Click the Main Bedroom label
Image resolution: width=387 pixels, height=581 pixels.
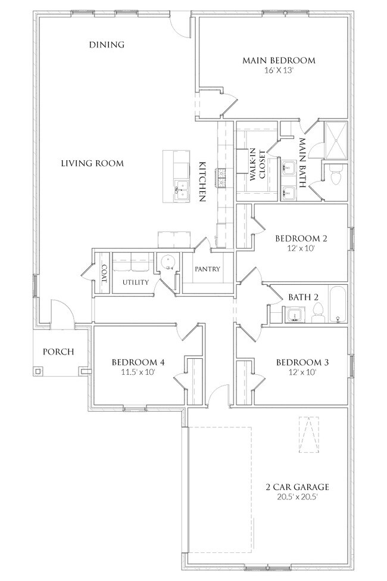click(x=279, y=60)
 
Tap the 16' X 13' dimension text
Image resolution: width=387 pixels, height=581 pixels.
click(x=279, y=70)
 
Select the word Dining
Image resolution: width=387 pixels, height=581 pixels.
click(x=107, y=45)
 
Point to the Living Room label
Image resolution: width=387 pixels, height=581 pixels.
click(x=92, y=163)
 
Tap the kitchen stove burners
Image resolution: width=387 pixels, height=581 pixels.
click(x=222, y=178)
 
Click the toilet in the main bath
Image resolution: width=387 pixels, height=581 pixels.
click(x=336, y=175)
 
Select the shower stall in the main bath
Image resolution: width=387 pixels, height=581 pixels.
click(x=336, y=140)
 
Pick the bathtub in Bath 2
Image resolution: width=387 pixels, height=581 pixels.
click(x=338, y=305)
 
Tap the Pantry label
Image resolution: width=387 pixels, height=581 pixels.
click(x=207, y=269)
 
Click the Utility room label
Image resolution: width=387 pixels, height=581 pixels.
click(x=136, y=282)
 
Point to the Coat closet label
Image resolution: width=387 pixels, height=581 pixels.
click(x=104, y=274)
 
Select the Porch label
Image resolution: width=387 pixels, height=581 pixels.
click(x=58, y=352)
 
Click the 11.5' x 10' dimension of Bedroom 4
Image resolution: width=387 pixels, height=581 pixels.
click(x=138, y=372)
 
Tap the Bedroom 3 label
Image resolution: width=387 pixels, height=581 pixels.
click(x=302, y=362)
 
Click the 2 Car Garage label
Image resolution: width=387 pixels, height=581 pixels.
click(x=297, y=487)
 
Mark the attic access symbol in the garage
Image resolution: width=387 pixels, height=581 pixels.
click(x=309, y=434)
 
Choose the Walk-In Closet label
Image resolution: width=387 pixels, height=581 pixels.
click(x=258, y=165)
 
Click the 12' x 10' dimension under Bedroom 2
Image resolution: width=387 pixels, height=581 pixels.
click(x=301, y=248)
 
